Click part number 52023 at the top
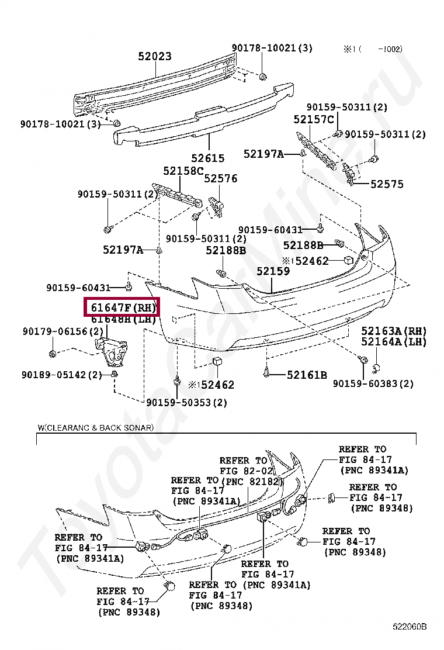point(155,56)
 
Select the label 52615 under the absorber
point(207,158)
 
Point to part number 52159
point(273,271)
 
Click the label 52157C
point(313,120)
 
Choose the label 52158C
point(183,171)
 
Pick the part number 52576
point(221,178)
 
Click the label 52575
point(387,184)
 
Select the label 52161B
point(307,375)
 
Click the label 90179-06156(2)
point(63,331)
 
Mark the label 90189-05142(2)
point(63,375)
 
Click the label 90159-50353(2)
point(187,402)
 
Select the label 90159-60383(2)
point(373,383)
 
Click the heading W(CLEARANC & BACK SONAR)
point(96,428)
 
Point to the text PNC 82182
point(251,481)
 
